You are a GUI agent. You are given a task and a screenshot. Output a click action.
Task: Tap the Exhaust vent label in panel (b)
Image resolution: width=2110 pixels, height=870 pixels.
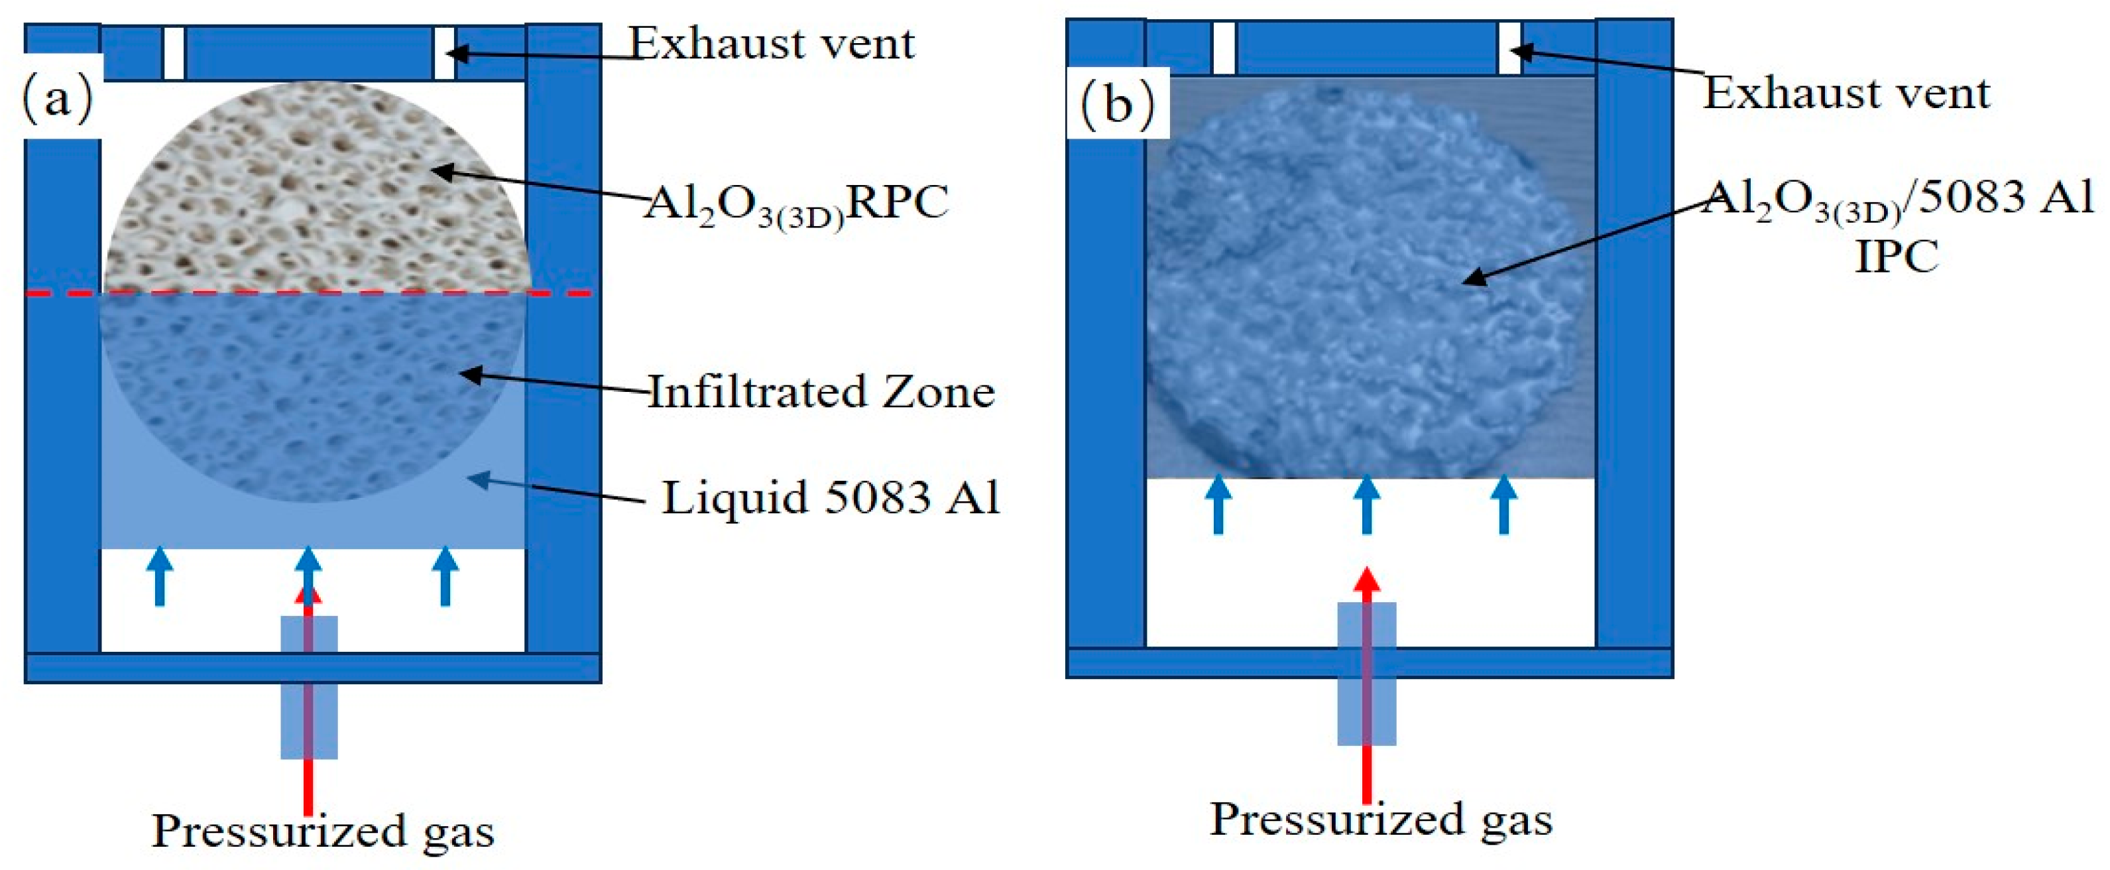(x=1846, y=93)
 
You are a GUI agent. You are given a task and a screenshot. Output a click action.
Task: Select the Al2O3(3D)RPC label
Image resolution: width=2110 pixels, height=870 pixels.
(x=796, y=203)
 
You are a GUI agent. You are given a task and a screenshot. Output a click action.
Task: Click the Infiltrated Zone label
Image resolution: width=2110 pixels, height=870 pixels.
(x=821, y=392)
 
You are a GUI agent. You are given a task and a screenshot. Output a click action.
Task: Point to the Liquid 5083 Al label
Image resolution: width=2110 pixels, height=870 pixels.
(x=831, y=497)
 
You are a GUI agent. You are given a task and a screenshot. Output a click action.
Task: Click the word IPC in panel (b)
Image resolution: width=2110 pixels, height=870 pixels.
(x=1895, y=257)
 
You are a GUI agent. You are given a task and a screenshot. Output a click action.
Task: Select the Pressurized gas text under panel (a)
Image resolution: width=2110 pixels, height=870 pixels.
(x=323, y=832)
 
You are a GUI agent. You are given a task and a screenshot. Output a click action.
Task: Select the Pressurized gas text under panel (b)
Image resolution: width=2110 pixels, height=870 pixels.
(x=1381, y=819)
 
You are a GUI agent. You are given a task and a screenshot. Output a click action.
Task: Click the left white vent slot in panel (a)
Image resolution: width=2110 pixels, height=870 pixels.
(x=174, y=53)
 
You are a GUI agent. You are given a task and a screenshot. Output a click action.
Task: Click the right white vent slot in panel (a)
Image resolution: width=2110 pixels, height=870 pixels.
(x=444, y=53)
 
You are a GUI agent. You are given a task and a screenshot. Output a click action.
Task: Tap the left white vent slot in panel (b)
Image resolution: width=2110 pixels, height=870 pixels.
(x=1223, y=48)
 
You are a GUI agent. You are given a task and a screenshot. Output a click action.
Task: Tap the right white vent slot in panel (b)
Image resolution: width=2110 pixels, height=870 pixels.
(x=1509, y=48)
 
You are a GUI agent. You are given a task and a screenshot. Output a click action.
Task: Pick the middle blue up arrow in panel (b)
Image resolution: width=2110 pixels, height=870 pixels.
(x=1366, y=505)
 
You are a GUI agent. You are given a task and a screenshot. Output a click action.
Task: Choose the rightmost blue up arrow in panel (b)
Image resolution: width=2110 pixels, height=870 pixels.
(x=1504, y=505)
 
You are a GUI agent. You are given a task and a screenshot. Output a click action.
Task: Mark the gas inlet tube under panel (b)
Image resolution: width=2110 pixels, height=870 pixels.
(x=1366, y=674)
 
